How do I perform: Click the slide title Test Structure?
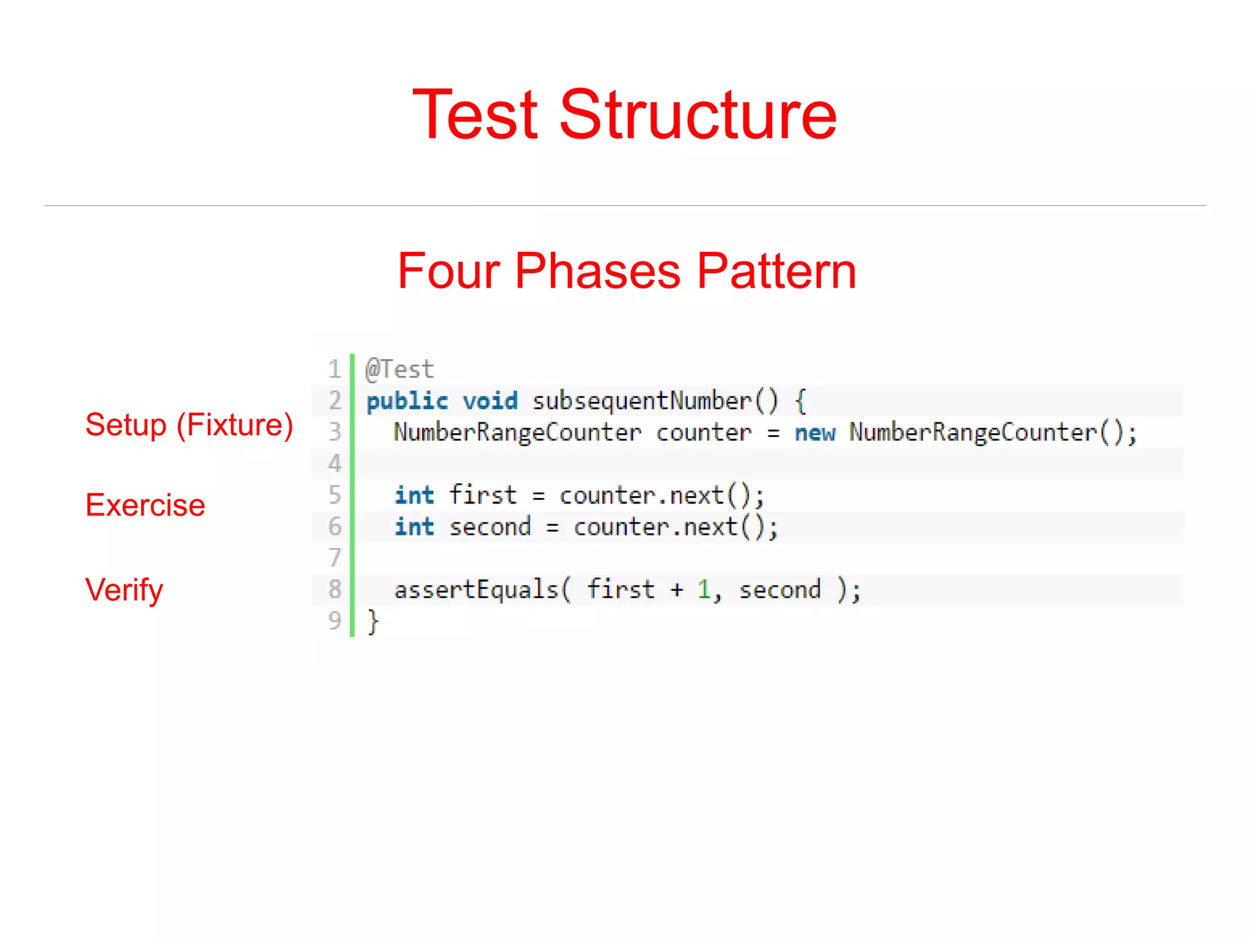[624, 114]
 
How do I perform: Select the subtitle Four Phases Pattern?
[626, 271]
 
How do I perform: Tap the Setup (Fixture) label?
[189, 425]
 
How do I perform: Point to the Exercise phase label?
[145, 505]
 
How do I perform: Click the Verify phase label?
[124, 590]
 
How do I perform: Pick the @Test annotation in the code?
[399, 370]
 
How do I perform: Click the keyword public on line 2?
[407, 401]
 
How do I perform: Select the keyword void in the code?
[490, 401]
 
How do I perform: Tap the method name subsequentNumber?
[642, 401]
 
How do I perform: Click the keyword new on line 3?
[815, 433]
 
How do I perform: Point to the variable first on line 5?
[483, 496]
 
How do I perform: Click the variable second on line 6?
[490, 527]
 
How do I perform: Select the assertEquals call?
[476, 590]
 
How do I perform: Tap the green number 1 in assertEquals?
[704, 590]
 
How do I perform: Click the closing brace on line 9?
[373, 622]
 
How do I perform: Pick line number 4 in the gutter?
[334, 464]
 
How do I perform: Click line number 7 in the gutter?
[334, 558]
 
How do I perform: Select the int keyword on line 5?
[414, 496]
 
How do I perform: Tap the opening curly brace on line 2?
[800, 401]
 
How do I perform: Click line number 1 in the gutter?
[334, 370]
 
